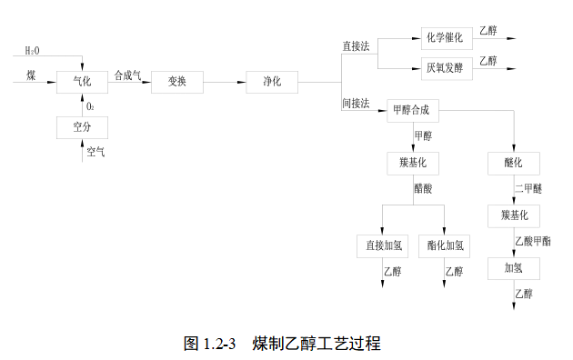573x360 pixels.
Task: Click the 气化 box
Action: [82, 82]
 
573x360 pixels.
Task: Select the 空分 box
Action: [82, 126]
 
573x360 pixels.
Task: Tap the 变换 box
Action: [177, 82]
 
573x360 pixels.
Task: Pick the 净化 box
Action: [272, 82]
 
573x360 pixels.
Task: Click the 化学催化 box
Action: [446, 38]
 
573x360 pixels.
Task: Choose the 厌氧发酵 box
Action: [446, 66]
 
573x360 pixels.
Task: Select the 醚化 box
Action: [514, 164]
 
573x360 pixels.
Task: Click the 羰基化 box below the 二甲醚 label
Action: [514, 215]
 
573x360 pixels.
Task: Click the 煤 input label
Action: [32, 73]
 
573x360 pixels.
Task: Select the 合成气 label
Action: [127, 75]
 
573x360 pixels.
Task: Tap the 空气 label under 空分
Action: [95, 152]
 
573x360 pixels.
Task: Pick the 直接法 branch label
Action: [357, 45]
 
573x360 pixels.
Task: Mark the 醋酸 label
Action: [423, 188]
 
